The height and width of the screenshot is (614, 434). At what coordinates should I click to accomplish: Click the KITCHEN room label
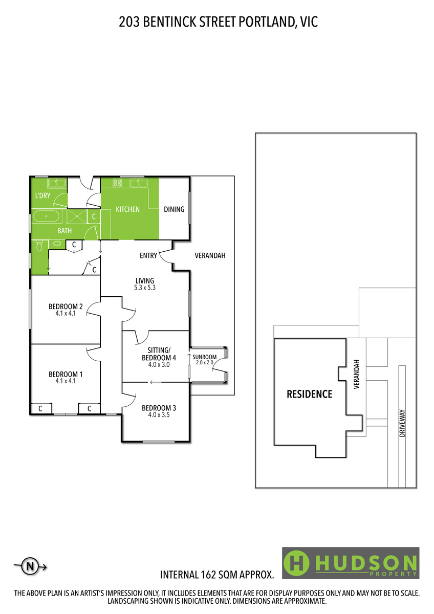[x=127, y=209]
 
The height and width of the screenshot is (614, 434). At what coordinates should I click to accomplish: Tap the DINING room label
[x=174, y=209]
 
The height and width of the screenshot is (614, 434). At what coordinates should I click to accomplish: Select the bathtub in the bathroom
[x=46, y=216]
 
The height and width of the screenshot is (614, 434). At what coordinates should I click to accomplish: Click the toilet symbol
[x=39, y=246]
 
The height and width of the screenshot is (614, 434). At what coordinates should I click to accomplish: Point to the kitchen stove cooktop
[x=117, y=183]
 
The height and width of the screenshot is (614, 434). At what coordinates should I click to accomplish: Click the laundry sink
[x=57, y=183]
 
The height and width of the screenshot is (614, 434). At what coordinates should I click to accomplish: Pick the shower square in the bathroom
[x=77, y=216]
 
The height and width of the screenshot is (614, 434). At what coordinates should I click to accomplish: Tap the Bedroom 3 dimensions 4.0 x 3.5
[x=159, y=415]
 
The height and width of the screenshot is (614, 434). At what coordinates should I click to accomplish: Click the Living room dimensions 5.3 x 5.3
[x=145, y=288]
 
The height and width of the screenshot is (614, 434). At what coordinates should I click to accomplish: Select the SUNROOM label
[x=205, y=357]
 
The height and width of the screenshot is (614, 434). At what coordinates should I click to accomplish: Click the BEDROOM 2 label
[x=66, y=306]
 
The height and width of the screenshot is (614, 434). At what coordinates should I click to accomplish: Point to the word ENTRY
[x=148, y=255]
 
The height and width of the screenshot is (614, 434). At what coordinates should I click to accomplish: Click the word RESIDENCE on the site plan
[x=309, y=394]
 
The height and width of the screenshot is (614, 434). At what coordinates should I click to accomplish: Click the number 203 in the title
[x=129, y=22]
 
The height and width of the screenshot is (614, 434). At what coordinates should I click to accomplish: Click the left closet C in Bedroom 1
[x=40, y=409]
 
